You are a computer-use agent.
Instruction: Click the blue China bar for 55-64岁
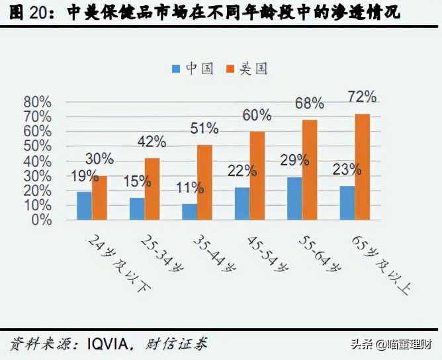[294, 198]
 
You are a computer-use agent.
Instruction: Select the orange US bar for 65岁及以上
[363, 166]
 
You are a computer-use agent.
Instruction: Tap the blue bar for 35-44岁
[190, 211]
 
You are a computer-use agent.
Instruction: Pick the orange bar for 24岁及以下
[100, 197]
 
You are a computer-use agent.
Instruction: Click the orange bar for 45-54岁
[257, 175]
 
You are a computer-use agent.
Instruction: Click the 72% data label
[362, 97]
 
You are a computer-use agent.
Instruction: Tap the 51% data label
[204, 128]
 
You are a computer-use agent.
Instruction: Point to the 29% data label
[294, 159]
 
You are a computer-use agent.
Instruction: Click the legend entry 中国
[193, 68]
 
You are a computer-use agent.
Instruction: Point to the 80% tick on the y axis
[38, 102]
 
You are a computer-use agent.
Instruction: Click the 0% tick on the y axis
[42, 220]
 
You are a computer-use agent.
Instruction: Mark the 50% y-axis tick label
[38, 146]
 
